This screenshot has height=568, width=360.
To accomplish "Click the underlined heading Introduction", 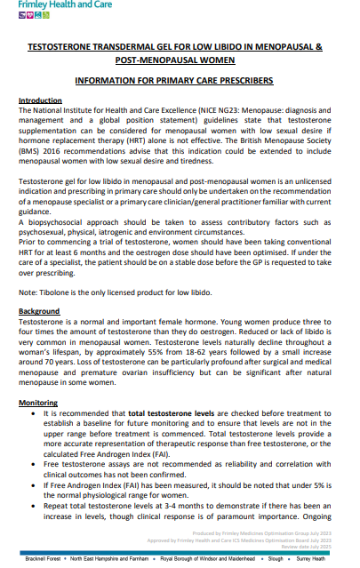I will coord(40,100).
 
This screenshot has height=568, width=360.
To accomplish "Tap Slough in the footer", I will coord(275,558).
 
